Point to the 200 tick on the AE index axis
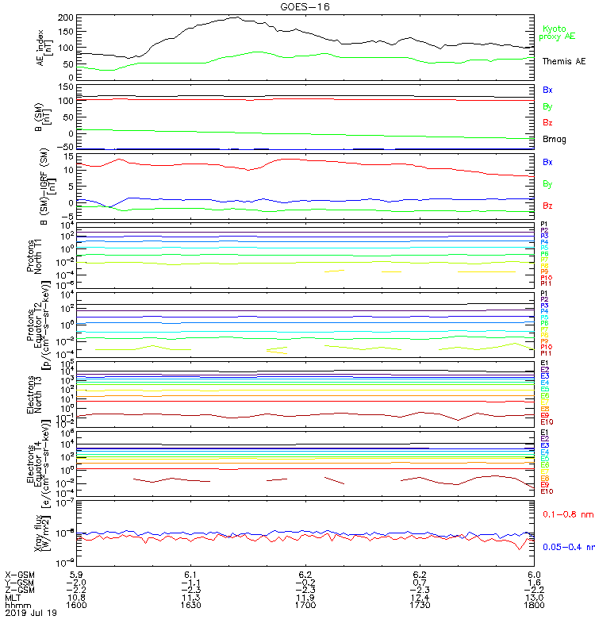(67, 17)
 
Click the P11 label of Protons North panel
(546, 283)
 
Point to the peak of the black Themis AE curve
(236, 17)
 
